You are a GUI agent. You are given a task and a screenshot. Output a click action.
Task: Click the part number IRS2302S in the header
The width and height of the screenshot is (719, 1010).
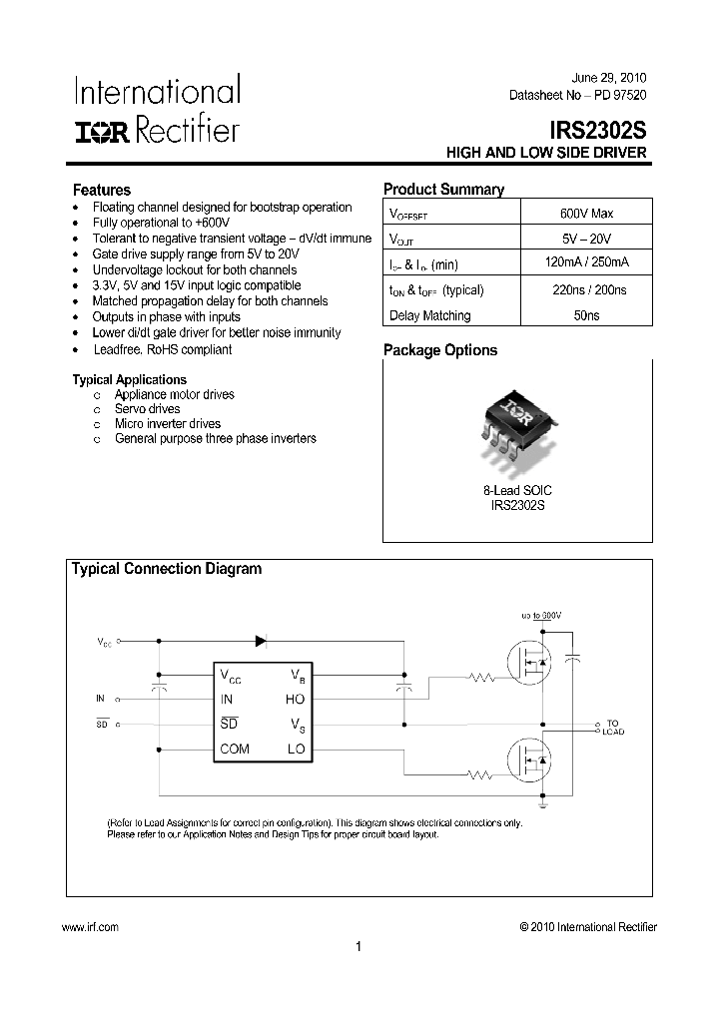click(597, 130)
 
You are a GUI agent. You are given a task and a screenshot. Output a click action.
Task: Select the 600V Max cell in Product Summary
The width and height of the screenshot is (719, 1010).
click(586, 213)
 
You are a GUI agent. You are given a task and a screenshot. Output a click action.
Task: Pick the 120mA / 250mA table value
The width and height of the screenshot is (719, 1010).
click(586, 263)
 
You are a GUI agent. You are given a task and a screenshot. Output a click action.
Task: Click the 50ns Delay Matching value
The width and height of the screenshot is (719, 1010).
click(586, 315)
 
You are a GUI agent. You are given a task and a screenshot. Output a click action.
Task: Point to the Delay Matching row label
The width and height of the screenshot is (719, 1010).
click(429, 315)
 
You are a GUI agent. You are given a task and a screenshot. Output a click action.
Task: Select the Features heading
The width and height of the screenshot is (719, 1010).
click(101, 190)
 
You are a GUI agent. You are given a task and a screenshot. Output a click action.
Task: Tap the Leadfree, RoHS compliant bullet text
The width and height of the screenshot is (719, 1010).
click(162, 349)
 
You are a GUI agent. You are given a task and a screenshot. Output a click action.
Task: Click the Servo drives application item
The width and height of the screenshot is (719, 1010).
click(147, 408)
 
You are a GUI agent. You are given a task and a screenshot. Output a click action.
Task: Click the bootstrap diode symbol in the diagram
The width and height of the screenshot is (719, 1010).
click(261, 641)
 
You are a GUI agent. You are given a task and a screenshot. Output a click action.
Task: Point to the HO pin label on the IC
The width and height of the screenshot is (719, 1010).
click(295, 700)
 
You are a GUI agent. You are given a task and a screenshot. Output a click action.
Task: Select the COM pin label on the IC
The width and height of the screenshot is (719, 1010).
click(235, 749)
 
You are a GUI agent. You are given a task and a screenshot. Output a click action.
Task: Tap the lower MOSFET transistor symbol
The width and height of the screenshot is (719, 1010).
click(529, 760)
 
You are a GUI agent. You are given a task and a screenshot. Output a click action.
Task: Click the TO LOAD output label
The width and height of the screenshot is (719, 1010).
click(612, 727)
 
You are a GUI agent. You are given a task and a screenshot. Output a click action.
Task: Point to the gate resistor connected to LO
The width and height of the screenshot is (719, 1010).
click(482, 774)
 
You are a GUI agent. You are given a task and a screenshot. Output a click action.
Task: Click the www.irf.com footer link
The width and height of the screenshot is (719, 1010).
click(90, 927)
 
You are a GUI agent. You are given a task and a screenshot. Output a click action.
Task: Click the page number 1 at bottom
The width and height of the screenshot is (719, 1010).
click(358, 947)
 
